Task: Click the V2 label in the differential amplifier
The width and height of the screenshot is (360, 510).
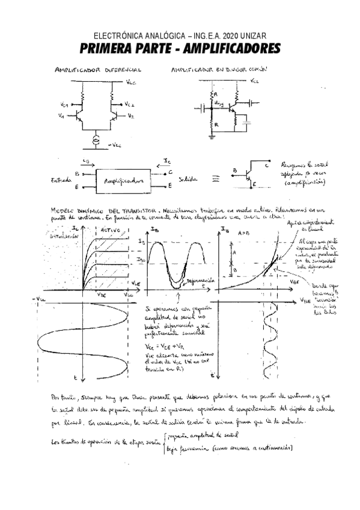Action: pyautogui.click(x=130, y=115)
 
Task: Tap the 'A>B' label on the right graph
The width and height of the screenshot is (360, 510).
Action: pyautogui.click(x=245, y=230)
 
